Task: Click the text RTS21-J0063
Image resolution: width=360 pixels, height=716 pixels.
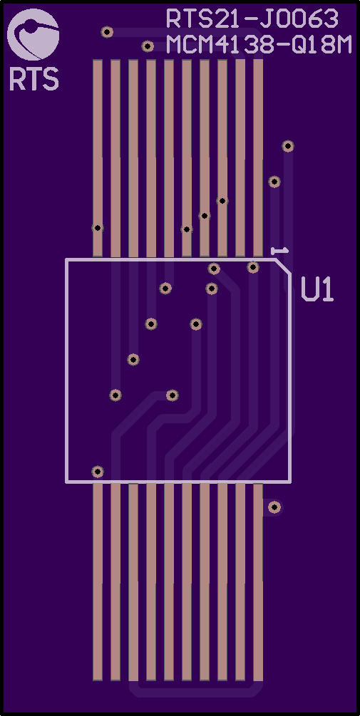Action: [252, 19]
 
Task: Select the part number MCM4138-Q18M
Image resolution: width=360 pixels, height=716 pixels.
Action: [259, 45]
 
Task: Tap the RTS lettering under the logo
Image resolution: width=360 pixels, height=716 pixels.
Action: [34, 78]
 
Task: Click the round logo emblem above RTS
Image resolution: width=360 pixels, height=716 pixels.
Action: [33, 35]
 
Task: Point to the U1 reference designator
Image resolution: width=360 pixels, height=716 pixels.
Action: [317, 289]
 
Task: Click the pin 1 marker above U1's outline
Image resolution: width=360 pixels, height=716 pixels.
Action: [279, 251]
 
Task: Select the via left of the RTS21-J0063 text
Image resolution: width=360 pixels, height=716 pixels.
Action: [107, 32]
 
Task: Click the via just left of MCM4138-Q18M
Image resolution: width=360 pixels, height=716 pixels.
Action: [148, 46]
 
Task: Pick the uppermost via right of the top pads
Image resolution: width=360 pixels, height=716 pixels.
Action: [288, 146]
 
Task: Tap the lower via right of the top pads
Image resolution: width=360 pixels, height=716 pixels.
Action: [274, 182]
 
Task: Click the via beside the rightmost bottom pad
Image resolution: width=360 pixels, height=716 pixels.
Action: [274, 507]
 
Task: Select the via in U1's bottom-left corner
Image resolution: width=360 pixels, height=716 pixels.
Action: [98, 472]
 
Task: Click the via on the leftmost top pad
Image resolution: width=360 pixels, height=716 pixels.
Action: [98, 228]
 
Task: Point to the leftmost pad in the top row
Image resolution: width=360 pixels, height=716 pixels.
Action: [98, 158]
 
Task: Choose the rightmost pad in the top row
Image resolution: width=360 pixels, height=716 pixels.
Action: [258, 158]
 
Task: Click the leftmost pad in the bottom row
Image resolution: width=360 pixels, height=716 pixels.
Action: [98, 582]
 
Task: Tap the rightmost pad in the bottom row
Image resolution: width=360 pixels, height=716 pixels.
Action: [258, 582]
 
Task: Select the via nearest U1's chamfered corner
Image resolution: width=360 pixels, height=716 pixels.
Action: [253, 267]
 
